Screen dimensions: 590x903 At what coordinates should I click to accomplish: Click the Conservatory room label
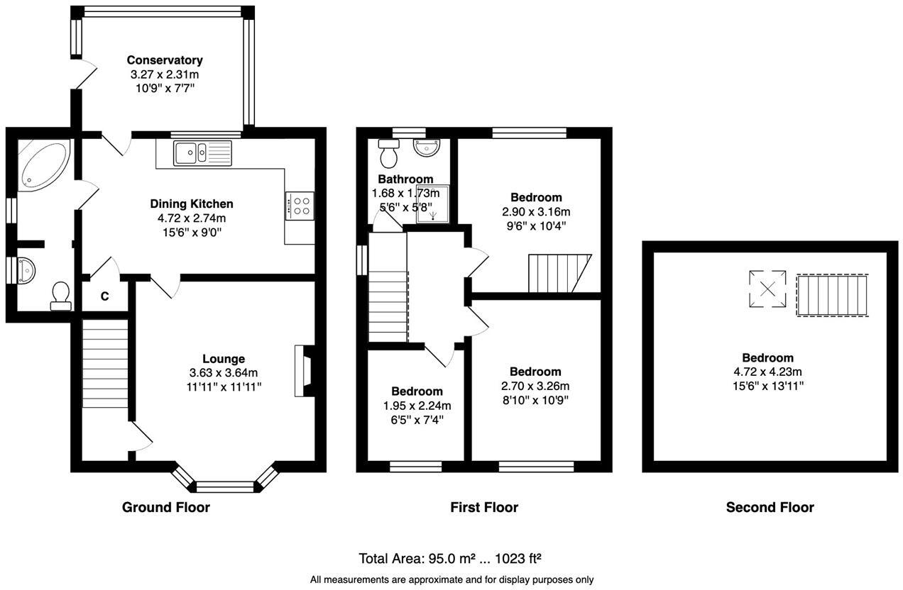[165, 60]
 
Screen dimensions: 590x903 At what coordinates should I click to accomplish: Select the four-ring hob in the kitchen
[300, 206]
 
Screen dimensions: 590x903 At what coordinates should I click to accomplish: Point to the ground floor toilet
[60, 296]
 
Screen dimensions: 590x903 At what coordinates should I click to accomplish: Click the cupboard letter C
[104, 296]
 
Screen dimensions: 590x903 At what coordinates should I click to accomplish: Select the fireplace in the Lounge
[302, 370]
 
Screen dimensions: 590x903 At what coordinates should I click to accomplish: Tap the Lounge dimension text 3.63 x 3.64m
[223, 373]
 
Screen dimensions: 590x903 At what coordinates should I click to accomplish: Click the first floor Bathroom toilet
[389, 152]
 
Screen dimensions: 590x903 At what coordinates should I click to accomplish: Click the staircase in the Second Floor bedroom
[832, 296]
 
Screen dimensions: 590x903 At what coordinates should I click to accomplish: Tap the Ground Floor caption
[166, 507]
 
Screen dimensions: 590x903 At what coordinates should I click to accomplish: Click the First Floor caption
[484, 507]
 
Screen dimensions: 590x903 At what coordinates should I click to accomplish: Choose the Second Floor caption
[770, 507]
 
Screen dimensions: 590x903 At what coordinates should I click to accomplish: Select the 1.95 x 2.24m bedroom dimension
[417, 406]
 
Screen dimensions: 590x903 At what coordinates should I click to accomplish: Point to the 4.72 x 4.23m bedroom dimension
[767, 372]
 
